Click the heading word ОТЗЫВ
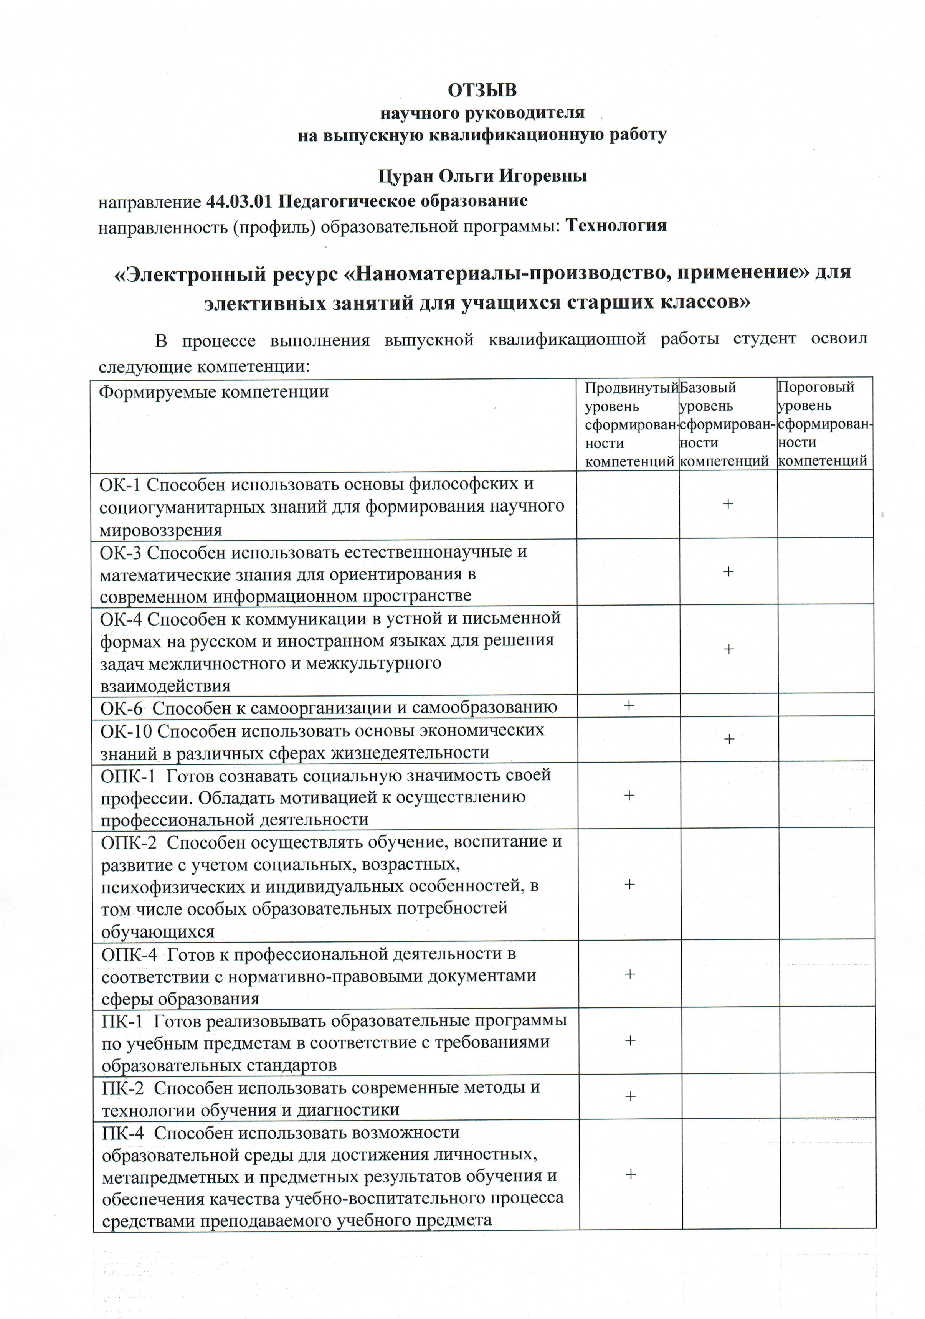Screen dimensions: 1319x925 click(482, 91)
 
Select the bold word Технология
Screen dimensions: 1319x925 click(616, 225)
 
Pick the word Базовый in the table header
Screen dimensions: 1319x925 click(708, 388)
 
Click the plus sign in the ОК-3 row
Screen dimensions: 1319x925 click(728, 571)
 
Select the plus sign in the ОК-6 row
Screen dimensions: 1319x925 click(629, 705)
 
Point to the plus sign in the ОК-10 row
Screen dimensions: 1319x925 click(728, 739)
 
